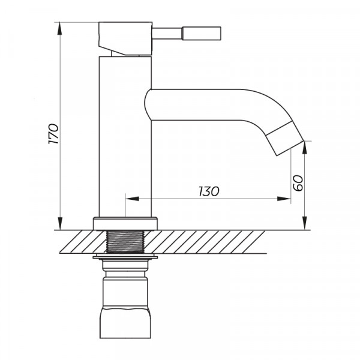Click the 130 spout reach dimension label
tap(208, 191)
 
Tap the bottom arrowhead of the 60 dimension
tap(305, 224)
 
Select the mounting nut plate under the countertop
tap(125, 258)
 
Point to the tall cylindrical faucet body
tap(125, 138)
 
